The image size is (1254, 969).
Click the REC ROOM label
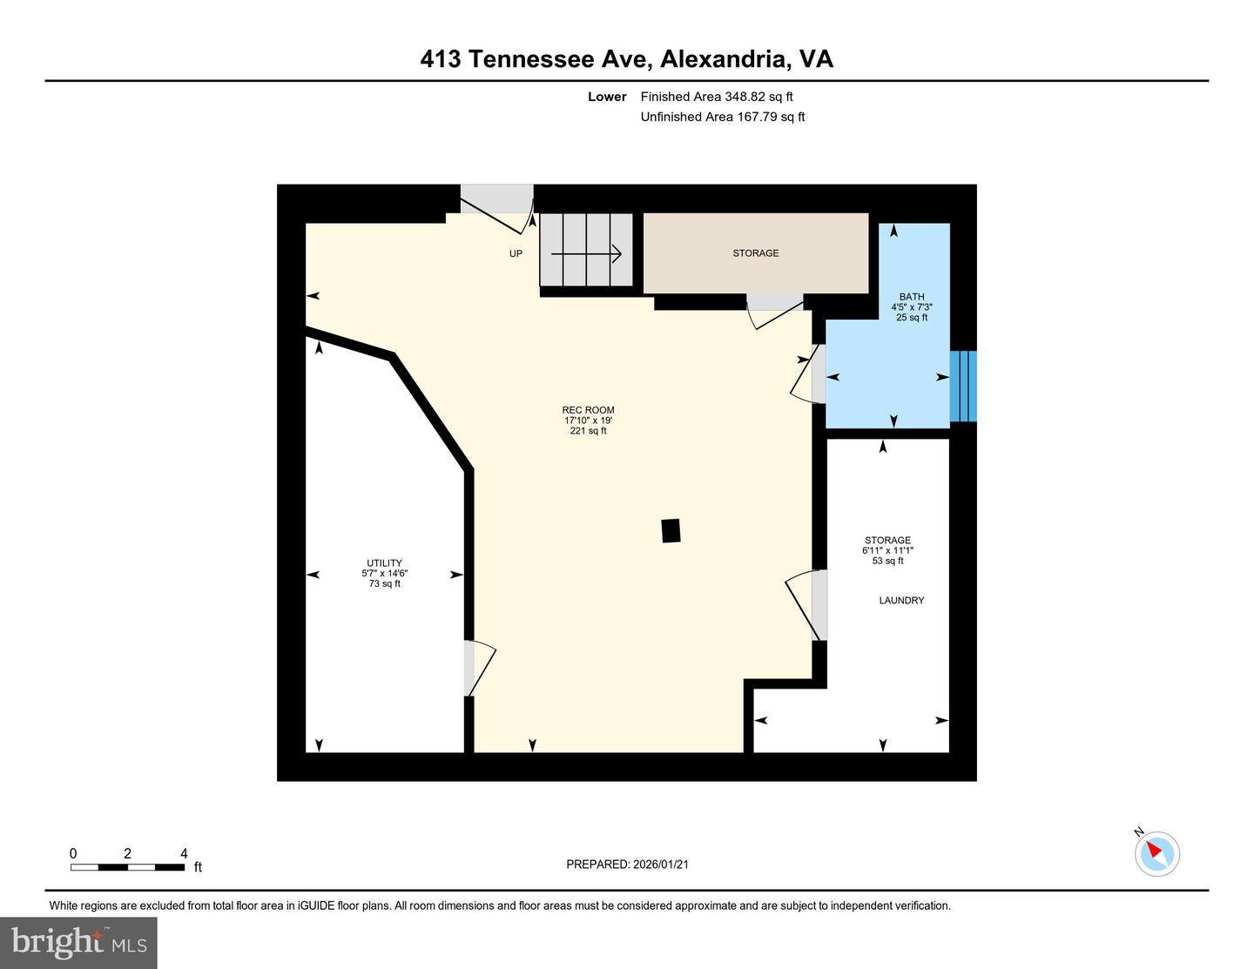588,410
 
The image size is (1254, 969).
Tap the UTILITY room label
384,563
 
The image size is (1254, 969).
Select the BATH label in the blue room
912,297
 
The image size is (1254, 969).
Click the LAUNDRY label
901,601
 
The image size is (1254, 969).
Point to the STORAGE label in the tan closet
755,253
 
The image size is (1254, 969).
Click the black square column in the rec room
671,531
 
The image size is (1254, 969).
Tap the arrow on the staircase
586,254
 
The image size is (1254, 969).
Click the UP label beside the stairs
516,254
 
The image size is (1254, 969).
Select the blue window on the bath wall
963,386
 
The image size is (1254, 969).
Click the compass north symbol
1156,852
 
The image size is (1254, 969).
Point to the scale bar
127,866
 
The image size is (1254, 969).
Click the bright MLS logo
78,943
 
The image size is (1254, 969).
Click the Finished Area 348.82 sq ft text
717,97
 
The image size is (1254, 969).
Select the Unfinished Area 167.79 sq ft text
722,117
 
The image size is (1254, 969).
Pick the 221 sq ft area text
588,431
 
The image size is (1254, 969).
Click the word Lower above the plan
607,97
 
